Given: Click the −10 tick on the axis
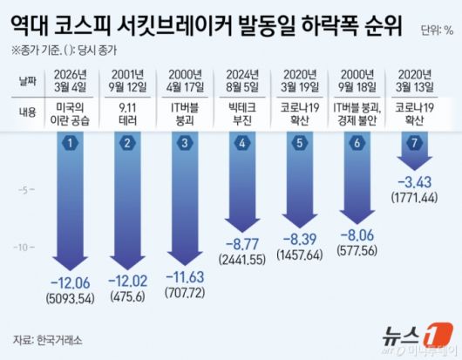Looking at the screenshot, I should (x=26, y=248).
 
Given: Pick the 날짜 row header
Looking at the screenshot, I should (x=31, y=81).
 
